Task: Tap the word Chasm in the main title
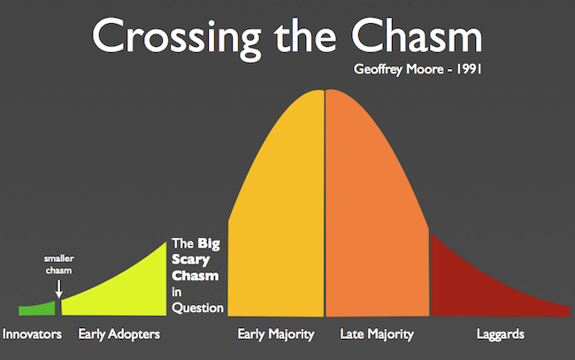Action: [417, 35]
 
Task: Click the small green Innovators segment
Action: [37, 309]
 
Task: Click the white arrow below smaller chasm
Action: [58, 289]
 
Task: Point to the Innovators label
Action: [32, 334]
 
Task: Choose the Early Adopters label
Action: [119, 334]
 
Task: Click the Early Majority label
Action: [276, 334]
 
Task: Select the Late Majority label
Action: [377, 334]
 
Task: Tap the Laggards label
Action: [501, 334]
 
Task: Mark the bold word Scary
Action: [191, 260]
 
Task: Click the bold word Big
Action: [209, 244]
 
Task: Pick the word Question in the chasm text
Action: [197, 308]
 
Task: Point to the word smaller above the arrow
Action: [59, 258]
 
